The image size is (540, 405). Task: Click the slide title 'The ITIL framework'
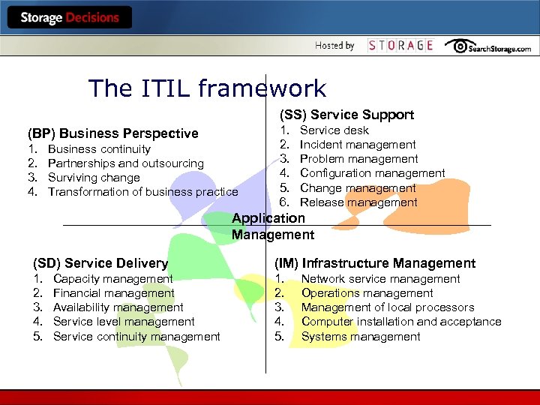tap(207, 88)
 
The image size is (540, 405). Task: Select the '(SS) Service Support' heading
tap(346, 115)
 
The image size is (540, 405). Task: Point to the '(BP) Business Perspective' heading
tap(113, 133)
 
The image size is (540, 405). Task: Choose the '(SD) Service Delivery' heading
tap(100, 263)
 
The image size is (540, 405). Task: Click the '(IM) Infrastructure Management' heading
tap(375, 263)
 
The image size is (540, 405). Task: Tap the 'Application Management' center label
tap(272, 226)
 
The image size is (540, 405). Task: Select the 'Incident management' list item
tap(358, 145)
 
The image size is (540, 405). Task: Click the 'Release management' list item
tap(358, 202)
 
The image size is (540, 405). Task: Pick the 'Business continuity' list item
tap(99, 149)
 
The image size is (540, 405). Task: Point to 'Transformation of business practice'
tap(142, 192)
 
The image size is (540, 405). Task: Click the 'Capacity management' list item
tap(112, 279)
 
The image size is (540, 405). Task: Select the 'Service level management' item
tap(124, 322)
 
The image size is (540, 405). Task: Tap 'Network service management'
tap(380, 279)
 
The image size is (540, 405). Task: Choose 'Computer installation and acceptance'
tap(401, 322)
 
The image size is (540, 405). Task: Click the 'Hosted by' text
tap(334, 46)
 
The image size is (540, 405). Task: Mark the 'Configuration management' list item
tap(372, 173)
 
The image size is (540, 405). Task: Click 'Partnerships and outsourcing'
tap(125, 163)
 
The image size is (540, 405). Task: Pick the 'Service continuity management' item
tap(136, 336)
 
